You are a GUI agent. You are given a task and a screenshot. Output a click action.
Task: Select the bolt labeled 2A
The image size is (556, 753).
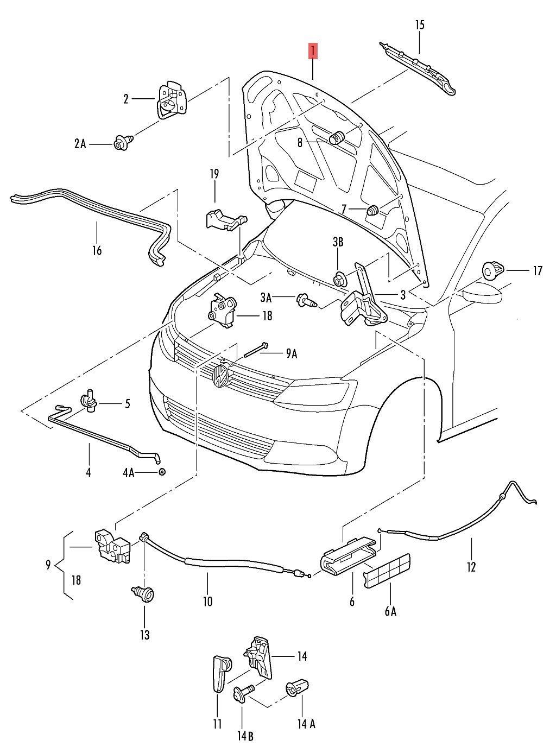pos(121,144)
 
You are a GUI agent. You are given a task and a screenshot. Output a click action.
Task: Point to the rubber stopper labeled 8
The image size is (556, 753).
pos(338,138)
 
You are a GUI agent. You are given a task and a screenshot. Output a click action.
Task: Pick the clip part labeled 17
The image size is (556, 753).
pos(494,269)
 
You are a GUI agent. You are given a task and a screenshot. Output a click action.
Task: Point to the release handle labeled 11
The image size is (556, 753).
pos(219,673)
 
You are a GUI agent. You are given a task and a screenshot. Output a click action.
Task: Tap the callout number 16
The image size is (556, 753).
pos(97,251)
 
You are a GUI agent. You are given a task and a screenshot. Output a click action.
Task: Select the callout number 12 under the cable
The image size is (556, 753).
pos(471,567)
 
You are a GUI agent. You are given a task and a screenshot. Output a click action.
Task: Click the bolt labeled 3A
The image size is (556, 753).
pos(304,299)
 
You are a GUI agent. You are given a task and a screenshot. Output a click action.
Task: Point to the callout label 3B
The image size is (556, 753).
pos(338,242)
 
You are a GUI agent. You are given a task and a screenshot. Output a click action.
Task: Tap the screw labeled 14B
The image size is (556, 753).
pos(241,694)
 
